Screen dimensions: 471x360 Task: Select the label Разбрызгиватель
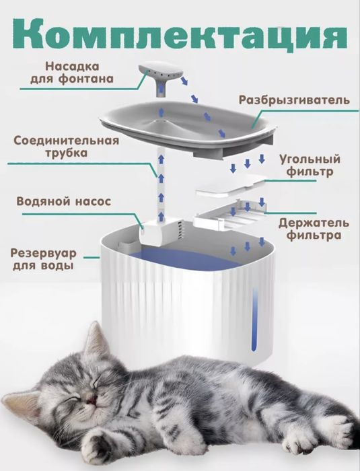pos(293,100)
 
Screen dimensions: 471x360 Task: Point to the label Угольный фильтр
pos(310,166)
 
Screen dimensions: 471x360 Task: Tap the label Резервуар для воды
pos(43,259)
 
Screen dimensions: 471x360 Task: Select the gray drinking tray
pos(188,124)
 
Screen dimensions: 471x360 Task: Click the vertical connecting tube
pos(162,182)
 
